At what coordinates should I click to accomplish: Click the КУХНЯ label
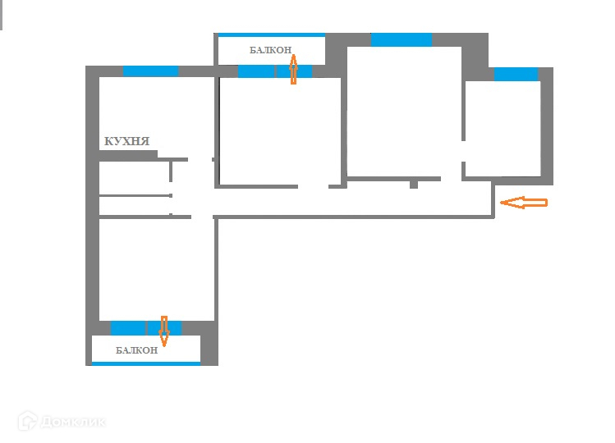click(x=126, y=141)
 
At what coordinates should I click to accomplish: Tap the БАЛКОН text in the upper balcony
click(x=271, y=50)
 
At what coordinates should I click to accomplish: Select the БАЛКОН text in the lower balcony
click(x=136, y=350)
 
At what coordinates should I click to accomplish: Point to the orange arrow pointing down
click(x=163, y=331)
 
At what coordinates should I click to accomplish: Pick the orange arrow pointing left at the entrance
click(x=523, y=203)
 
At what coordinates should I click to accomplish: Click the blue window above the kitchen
click(x=150, y=71)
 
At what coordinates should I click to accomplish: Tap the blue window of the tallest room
click(x=401, y=39)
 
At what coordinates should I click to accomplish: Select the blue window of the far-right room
click(x=516, y=75)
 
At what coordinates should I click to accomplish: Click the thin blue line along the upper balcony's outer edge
click(x=271, y=35)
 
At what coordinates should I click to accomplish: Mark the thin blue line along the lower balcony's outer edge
click(x=145, y=363)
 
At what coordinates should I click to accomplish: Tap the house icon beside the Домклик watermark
click(x=27, y=421)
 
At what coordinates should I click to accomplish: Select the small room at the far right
click(x=502, y=127)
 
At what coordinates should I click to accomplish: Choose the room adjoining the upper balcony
click(x=279, y=131)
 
